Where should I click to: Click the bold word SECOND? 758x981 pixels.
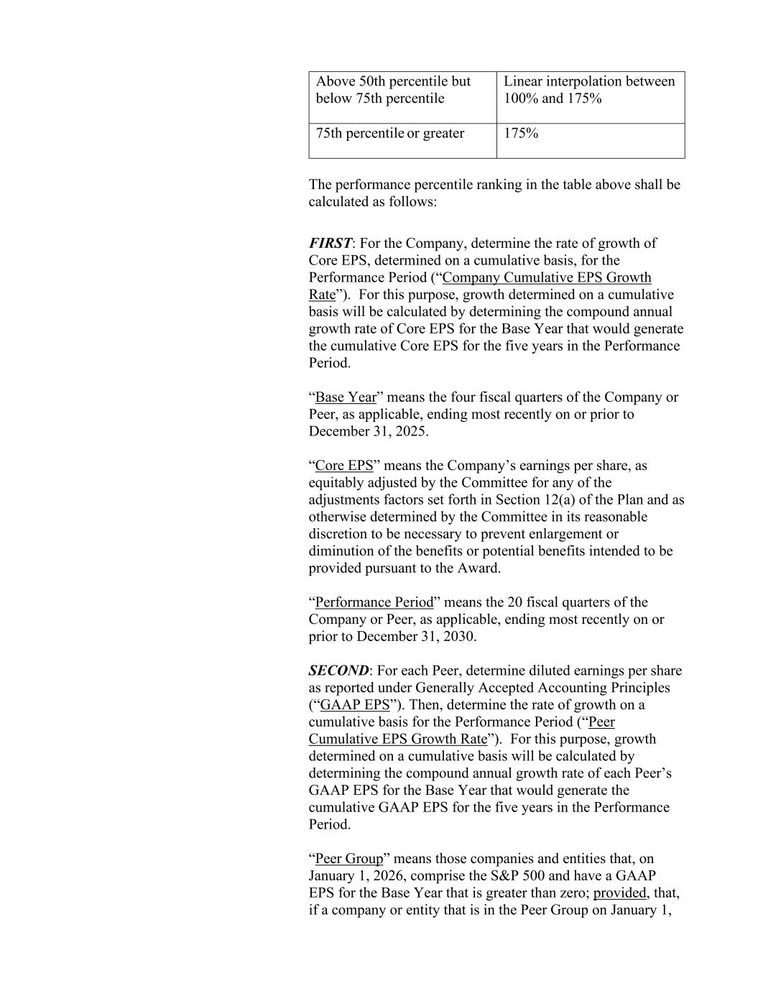click(x=338, y=671)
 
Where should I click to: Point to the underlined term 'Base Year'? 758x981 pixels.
click(x=346, y=397)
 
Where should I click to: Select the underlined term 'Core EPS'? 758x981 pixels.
click(x=344, y=466)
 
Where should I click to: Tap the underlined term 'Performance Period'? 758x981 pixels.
click(x=374, y=602)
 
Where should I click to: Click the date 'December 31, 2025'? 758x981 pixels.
click(x=367, y=432)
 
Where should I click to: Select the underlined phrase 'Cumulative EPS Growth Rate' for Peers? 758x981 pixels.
click(x=398, y=740)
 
